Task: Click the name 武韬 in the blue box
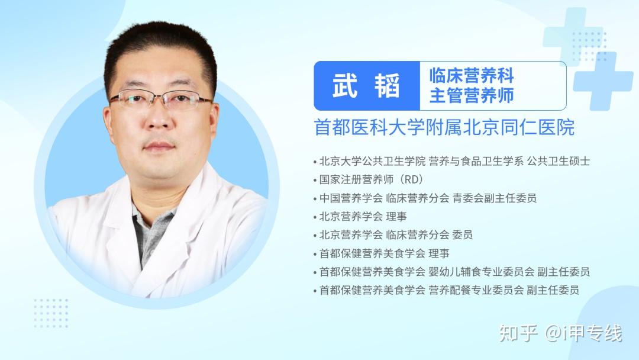[366, 86]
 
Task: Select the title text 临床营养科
[472, 75]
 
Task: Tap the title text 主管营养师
[472, 95]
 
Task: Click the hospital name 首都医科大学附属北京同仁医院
[444, 127]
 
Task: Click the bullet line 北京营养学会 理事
[363, 217]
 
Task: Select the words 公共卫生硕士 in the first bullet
[559, 161]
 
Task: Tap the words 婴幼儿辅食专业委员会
[481, 272]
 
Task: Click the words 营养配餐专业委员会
[476, 290]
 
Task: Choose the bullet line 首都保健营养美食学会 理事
[384, 253]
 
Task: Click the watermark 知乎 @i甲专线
[561, 333]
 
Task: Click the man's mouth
[159, 146]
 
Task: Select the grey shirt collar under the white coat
[151, 232]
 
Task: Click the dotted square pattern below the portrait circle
[51, 313]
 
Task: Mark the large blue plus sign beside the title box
[603, 81]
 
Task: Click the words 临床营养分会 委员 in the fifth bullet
[429, 235]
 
